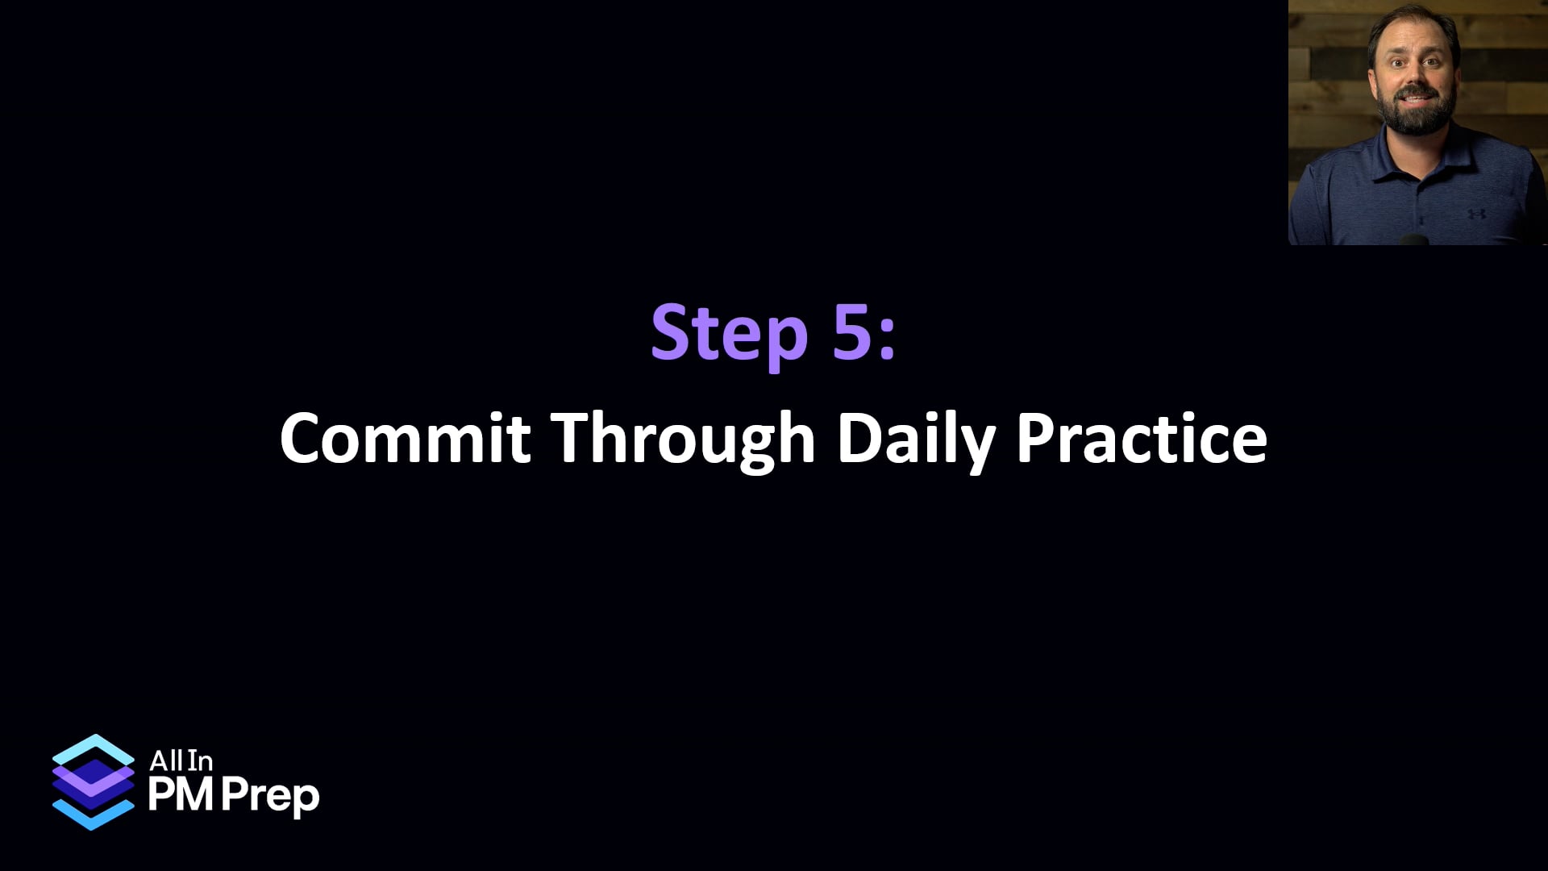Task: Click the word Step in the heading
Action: pos(729,333)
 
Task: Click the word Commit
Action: pos(405,438)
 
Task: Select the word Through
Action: pos(685,440)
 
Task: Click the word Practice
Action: pos(1141,438)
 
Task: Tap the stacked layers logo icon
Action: pos(93,781)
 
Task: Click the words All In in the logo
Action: pos(181,761)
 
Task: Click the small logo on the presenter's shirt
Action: pos(1476,215)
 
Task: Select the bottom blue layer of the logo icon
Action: pos(93,815)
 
